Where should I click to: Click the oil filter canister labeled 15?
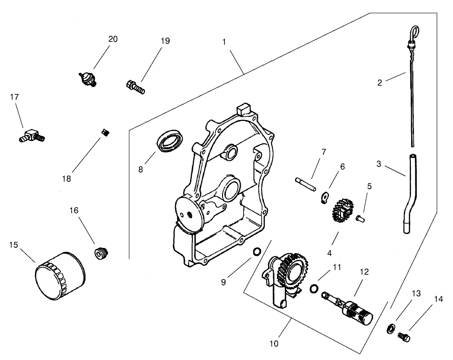coord(59,276)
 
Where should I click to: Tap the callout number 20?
coord(113,39)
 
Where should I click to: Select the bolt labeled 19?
coord(135,87)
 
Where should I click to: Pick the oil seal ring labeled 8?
coord(171,141)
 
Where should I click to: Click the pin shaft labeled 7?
coord(305,184)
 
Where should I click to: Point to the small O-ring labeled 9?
coord(256,253)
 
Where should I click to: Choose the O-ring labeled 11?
coord(314,289)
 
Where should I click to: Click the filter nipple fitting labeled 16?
coord(100,254)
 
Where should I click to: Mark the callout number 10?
coord(274,344)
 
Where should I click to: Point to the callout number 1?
coord(224,41)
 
